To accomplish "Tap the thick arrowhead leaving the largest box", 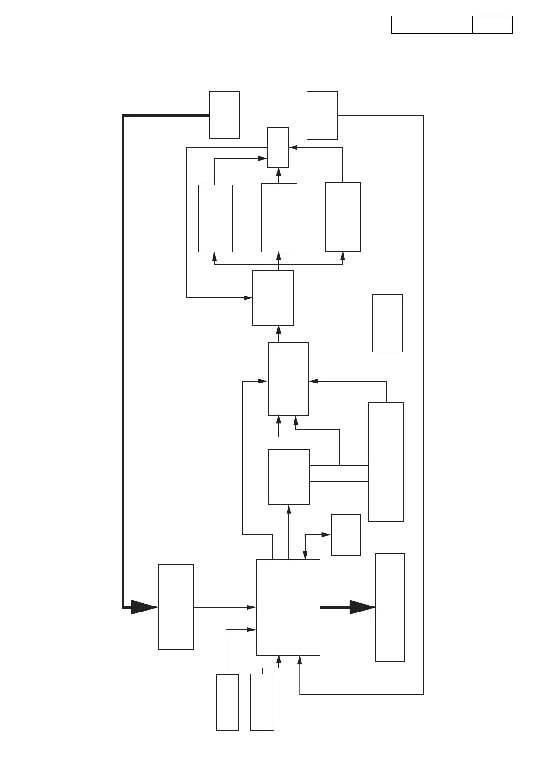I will point(362,607).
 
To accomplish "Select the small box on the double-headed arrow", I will point(345,534).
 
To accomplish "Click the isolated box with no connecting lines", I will point(388,323).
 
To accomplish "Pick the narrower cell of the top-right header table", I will point(492,25).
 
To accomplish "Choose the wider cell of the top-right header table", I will point(432,25).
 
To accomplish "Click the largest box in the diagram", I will point(288,607).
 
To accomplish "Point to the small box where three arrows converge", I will point(278,147).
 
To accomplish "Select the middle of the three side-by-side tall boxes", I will point(279,217).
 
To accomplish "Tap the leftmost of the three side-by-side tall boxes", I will point(215,218).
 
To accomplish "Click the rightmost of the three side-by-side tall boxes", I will point(343,217).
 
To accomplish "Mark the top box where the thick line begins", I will point(224,115).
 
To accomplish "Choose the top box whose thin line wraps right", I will point(322,115).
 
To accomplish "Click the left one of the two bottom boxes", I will point(227,702).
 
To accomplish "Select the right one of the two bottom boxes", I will point(262,702).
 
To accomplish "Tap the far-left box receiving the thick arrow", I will point(176,607).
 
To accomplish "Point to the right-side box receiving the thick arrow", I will point(389,607).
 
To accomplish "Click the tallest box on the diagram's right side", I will point(386,462).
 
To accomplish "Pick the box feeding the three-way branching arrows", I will point(273,298).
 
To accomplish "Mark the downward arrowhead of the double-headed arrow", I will point(305,555).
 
